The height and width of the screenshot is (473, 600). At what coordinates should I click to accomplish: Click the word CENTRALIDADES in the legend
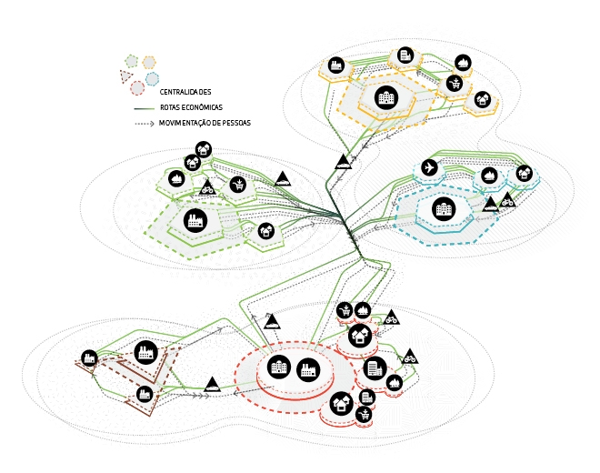(185, 93)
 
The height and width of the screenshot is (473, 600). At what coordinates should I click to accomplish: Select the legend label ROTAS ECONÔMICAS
(192, 107)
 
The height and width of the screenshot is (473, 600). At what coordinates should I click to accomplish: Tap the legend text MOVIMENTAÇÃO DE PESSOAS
(205, 122)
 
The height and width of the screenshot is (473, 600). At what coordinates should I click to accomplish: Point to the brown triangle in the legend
(125, 75)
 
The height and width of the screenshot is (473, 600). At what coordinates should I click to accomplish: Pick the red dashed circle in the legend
(137, 88)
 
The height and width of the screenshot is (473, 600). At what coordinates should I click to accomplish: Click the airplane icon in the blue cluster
(430, 167)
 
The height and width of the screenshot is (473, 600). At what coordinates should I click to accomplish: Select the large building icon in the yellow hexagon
(386, 96)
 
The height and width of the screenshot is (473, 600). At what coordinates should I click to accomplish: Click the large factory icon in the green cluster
(193, 218)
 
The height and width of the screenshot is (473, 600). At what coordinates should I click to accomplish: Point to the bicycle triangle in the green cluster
(208, 188)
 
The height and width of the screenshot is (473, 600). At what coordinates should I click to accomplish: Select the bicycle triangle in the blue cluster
(507, 199)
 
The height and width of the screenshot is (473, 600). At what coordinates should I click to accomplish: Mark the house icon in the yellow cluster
(483, 99)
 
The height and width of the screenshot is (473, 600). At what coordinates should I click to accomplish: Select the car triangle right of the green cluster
(284, 178)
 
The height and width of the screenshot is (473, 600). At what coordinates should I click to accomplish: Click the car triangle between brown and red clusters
(212, 385)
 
